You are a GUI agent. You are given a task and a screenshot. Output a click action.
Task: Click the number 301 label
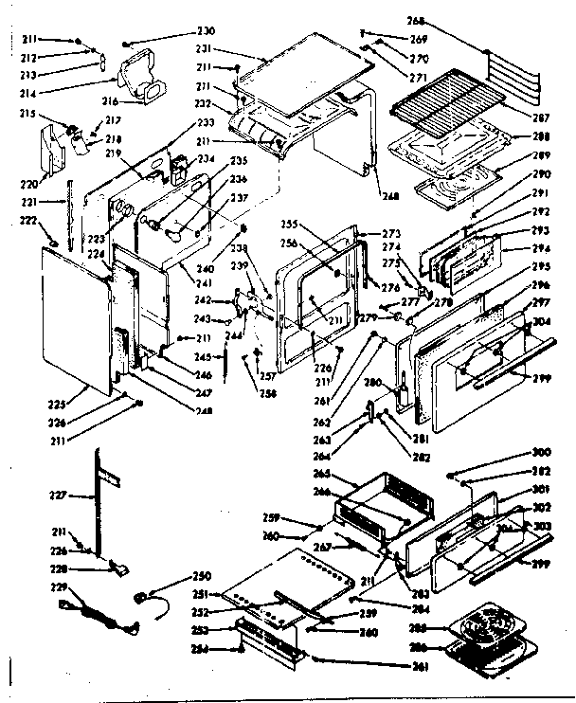(543, 489)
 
